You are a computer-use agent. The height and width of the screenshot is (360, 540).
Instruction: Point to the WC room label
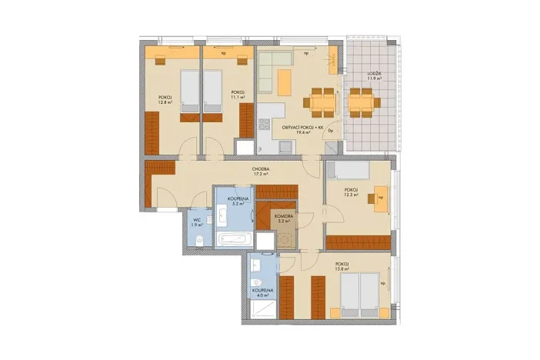pos(197,218)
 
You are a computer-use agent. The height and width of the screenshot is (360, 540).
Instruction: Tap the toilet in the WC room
pos(198,244)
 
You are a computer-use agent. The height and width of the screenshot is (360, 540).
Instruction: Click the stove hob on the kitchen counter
pos(265,122)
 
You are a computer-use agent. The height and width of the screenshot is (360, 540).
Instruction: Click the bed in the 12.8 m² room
pos(188,93)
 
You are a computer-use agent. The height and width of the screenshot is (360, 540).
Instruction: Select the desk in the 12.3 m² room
pos(380,197)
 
